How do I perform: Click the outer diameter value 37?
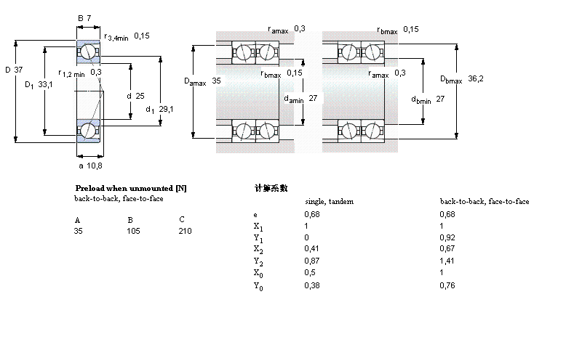[x=19, y=70]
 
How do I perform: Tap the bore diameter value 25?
[x=140, y=96]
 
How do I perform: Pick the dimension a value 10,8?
[x=95, y=166]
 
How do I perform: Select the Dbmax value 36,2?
[x=477, y=78]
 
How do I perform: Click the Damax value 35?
[x=216, y=81]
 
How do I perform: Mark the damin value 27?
[x=314, y=99]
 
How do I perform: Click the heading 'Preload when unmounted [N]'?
[x=131, y=188]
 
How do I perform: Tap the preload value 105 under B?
[x=134, y=231]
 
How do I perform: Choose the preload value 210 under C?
[x=186, y=231]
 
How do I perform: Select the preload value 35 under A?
[x=79, y=231]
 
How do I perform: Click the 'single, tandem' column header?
[x=329, y=201]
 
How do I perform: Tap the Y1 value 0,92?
[x=447, y=237]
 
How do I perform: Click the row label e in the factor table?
[x=255, y=214]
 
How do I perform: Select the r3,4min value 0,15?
[x=142, y=36]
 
